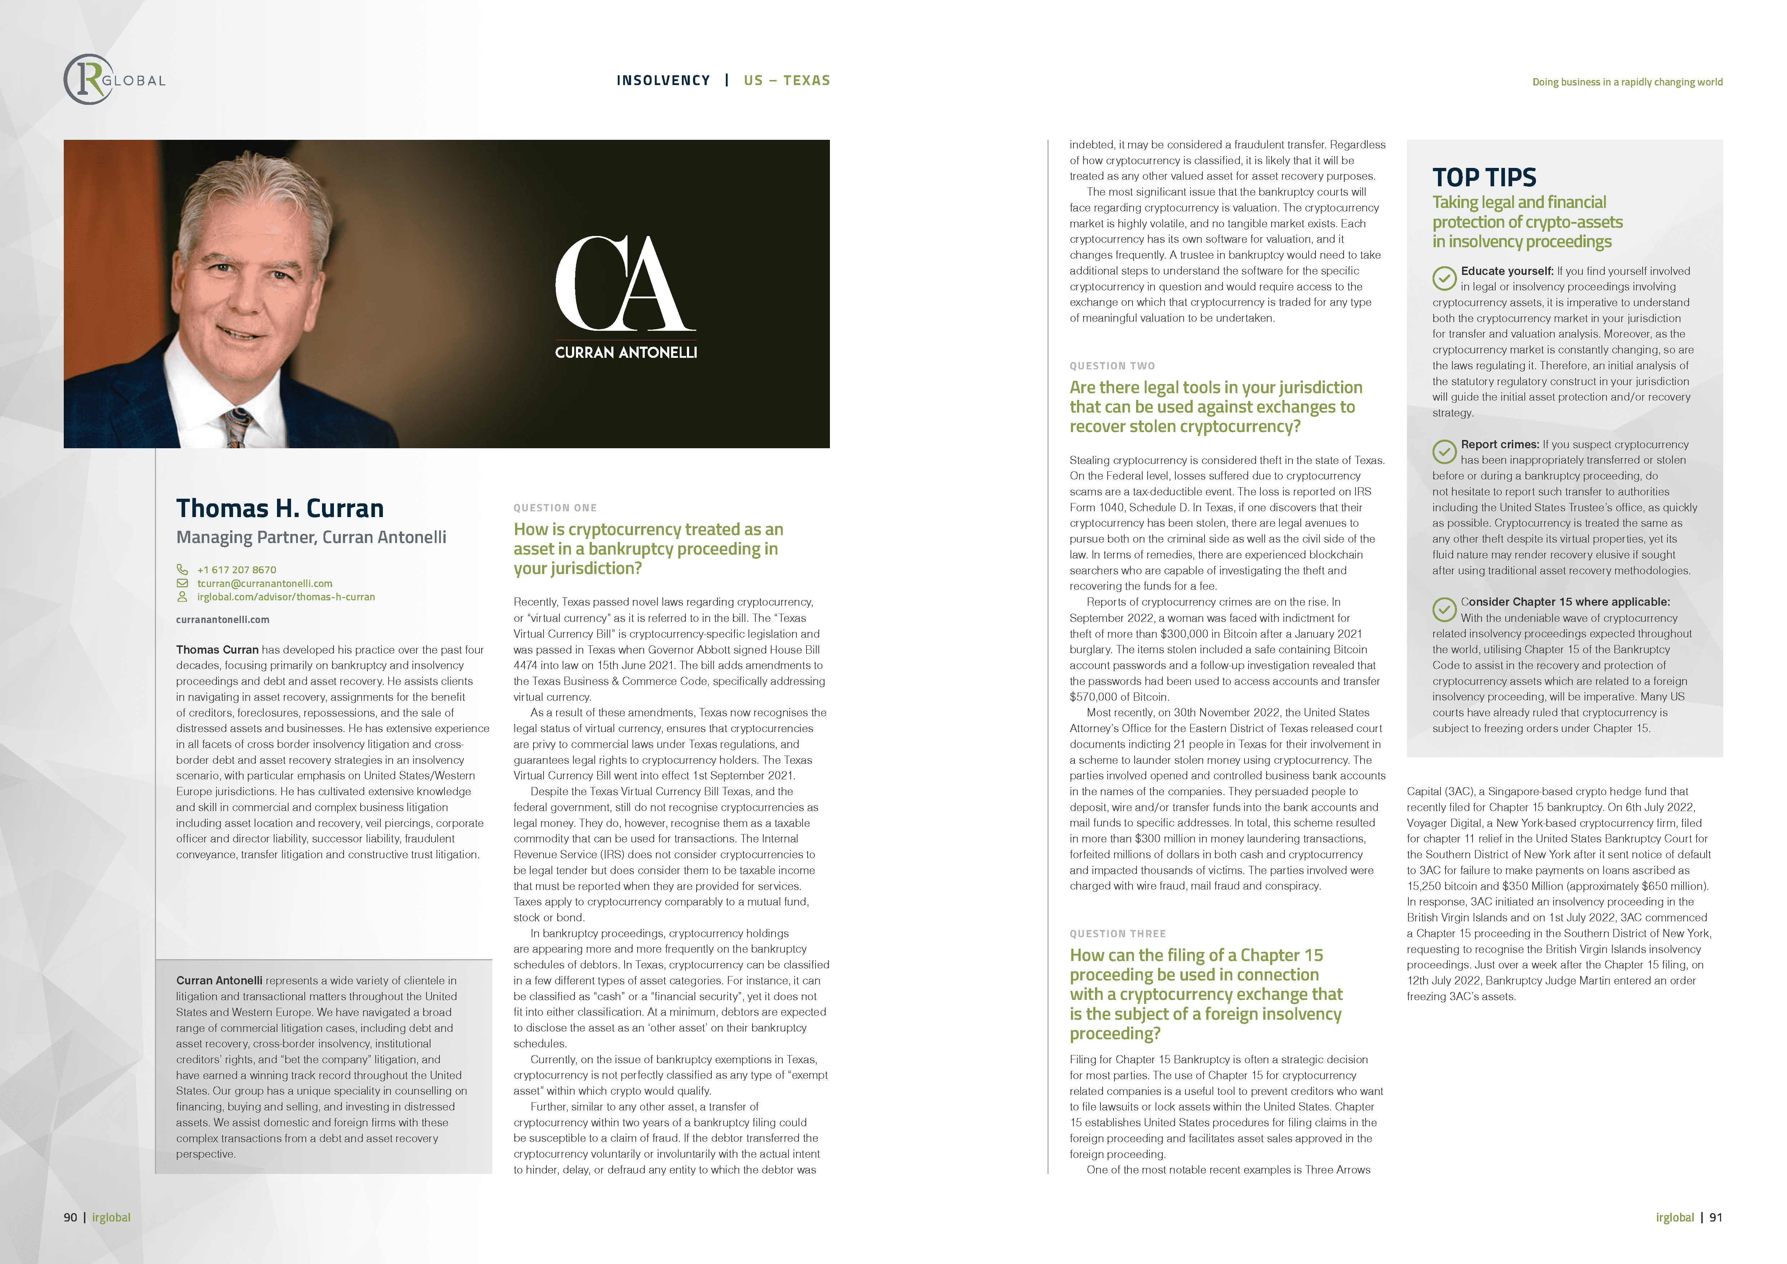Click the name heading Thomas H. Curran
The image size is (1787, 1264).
point(280,508)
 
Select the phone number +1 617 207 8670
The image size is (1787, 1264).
point(237,570)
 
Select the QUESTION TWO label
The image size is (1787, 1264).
point(1112,366)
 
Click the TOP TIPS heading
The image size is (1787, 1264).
point(1484,178)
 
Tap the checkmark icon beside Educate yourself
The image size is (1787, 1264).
point(1444,278)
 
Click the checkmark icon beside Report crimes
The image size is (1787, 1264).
point(1444,451)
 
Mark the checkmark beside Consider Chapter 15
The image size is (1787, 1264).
point(1444,609)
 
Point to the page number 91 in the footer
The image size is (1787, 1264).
point(1715,1217)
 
